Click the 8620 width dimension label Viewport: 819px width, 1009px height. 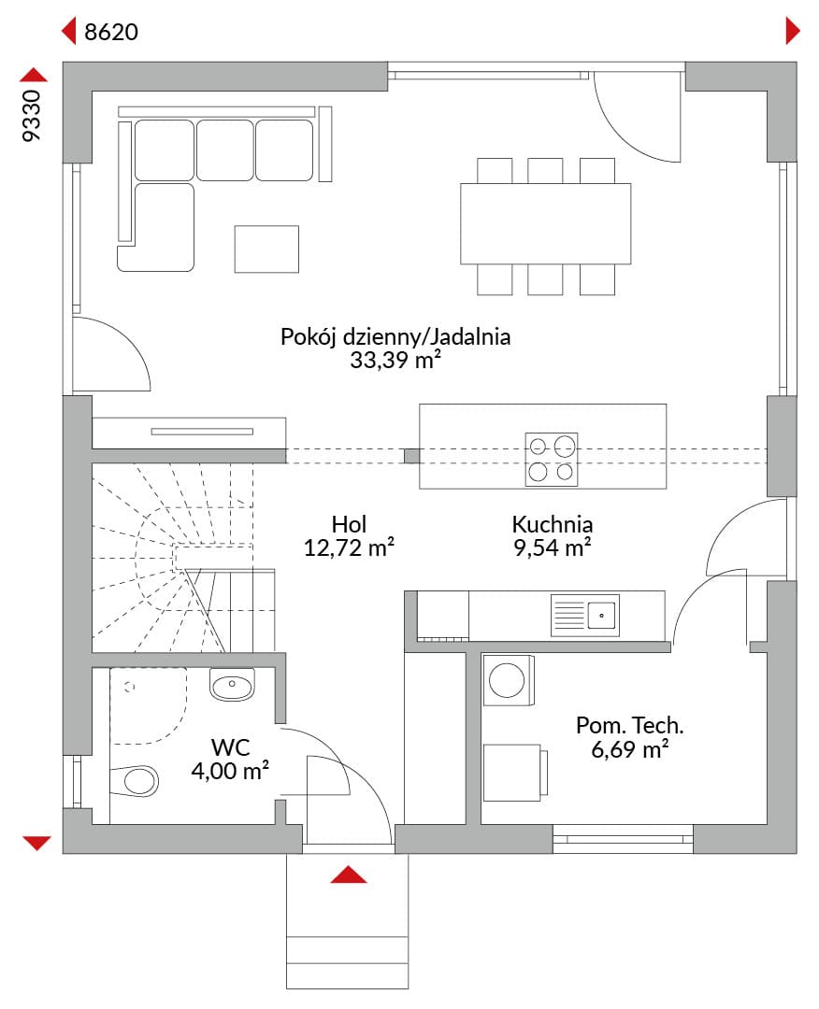coord(110,32)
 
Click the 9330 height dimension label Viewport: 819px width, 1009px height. coord(32,115)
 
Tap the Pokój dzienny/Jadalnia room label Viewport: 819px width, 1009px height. coord(395,336)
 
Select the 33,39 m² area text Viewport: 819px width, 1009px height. coord(395,360)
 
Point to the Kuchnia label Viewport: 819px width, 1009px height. coord(553,524)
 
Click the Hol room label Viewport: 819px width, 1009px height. coord(349,524)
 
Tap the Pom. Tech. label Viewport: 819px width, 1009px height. coord(630,725)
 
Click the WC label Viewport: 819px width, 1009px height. coord(231,747)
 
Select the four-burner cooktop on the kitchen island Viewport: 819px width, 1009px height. coord(552,459)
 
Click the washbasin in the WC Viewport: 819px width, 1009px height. coord(232,685)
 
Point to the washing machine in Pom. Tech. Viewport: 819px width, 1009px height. coord(509,681)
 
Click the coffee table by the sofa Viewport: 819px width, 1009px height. coord(266,249)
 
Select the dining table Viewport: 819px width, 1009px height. coord(545,224)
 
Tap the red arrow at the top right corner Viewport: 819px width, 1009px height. coord(793,31)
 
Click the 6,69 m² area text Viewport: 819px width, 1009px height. coord(630,749)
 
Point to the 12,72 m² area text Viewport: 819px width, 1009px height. coord(349,547)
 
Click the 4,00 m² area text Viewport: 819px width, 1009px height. coord(231,770)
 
